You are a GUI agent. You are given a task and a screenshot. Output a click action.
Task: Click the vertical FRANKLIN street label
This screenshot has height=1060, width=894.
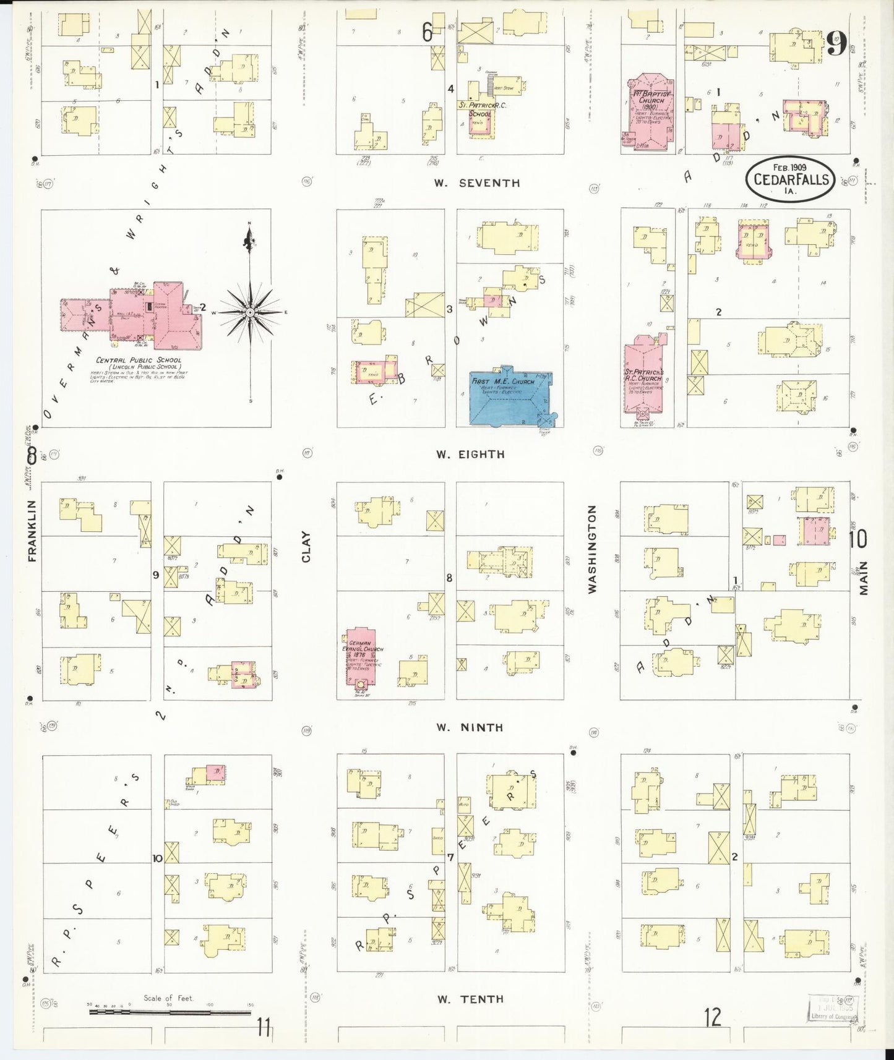[x=33, y=531]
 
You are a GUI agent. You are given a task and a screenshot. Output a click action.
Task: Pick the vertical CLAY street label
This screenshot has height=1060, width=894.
[x=306, y=547]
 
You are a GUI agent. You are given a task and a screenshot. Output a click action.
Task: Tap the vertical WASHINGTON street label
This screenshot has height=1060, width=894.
[x=592, y=549]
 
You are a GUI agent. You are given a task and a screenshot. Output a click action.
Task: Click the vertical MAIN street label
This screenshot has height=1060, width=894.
[x=864, y=578]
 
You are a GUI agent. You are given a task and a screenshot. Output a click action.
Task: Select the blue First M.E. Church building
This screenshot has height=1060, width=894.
[x=509, y=398]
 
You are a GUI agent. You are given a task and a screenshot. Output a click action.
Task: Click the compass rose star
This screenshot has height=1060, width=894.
[x=249, y=312]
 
